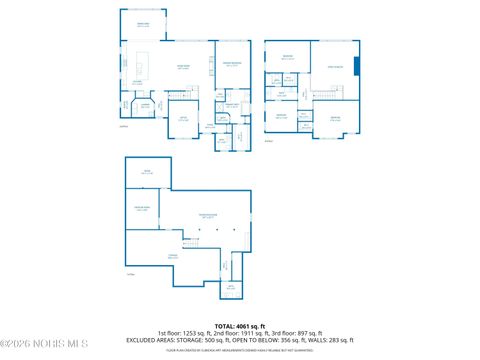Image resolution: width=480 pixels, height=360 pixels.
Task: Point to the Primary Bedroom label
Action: [x=231, y=64]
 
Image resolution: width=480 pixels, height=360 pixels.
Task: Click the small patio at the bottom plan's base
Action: [x=231, y=289]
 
